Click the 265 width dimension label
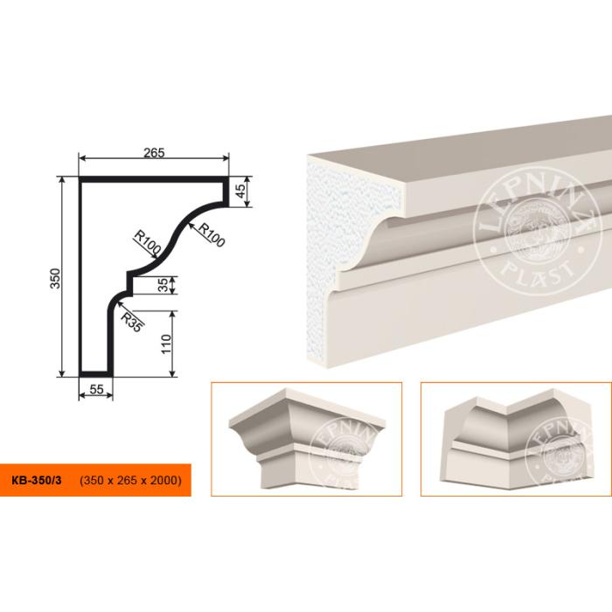[x=154, y=153]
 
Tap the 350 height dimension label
[x=56, y=278]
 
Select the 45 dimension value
[x=241, y=191]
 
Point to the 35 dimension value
[x=164, y=284]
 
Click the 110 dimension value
[x=166, y=344]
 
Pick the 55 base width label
[x=96, y=389]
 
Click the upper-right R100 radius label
[x=212, y=235]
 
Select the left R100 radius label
[x=147, y=242]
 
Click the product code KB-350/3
[x=37, y=480]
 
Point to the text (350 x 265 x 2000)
[x=131, y=480]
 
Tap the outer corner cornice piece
[x=307, y=438]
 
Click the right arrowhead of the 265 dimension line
[x=226, y=158]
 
